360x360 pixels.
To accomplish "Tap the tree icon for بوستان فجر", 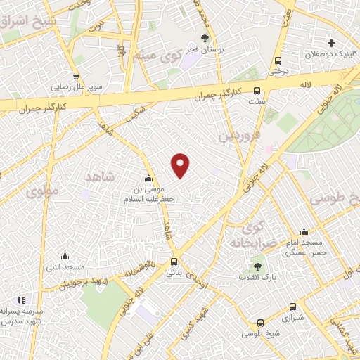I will click(x=205, y=39).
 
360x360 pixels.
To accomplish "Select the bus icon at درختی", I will click(x=278, y=60).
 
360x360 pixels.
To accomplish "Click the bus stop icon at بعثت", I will click(x=257, y=91).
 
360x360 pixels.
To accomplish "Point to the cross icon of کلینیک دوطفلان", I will click(x=332, y=44).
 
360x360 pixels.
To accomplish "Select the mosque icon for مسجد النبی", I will click(x=65, y=256).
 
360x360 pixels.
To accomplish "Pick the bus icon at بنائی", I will click(x=174, y=262).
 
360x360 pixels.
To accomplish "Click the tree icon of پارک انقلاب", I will click(x=257, y=266).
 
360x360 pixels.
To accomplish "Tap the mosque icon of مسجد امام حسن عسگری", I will click(x=304, y=231).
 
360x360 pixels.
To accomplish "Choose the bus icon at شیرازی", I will click(x=294, y=307).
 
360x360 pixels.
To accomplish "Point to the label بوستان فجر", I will click(x=205, y=51).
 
